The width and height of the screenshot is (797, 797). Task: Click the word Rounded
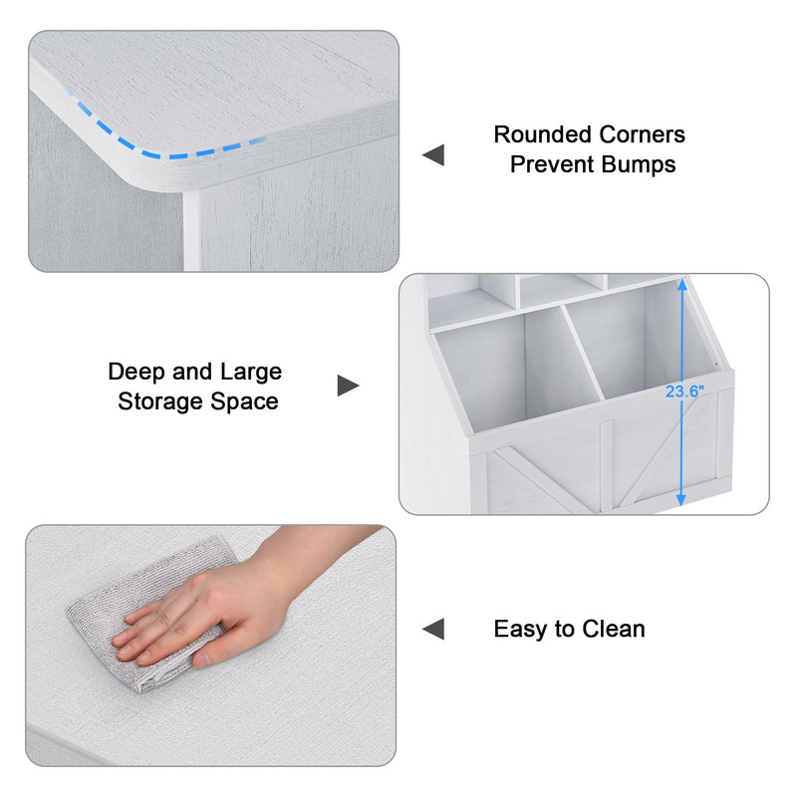542,134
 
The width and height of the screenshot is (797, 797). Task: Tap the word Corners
642,134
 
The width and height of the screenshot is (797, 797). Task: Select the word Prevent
552,164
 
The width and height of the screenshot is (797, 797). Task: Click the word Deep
136,373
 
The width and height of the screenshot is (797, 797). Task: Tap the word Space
244,402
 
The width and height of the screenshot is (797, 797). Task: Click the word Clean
614,630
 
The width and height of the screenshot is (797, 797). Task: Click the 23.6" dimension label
684,392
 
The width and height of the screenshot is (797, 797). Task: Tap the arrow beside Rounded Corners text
433,155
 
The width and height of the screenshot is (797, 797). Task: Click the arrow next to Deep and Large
348,386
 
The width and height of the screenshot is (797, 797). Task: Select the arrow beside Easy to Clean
433,630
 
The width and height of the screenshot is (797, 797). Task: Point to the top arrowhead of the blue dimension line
682,285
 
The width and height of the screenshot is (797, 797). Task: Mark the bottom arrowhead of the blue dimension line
681,500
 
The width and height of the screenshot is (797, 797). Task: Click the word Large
251,373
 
